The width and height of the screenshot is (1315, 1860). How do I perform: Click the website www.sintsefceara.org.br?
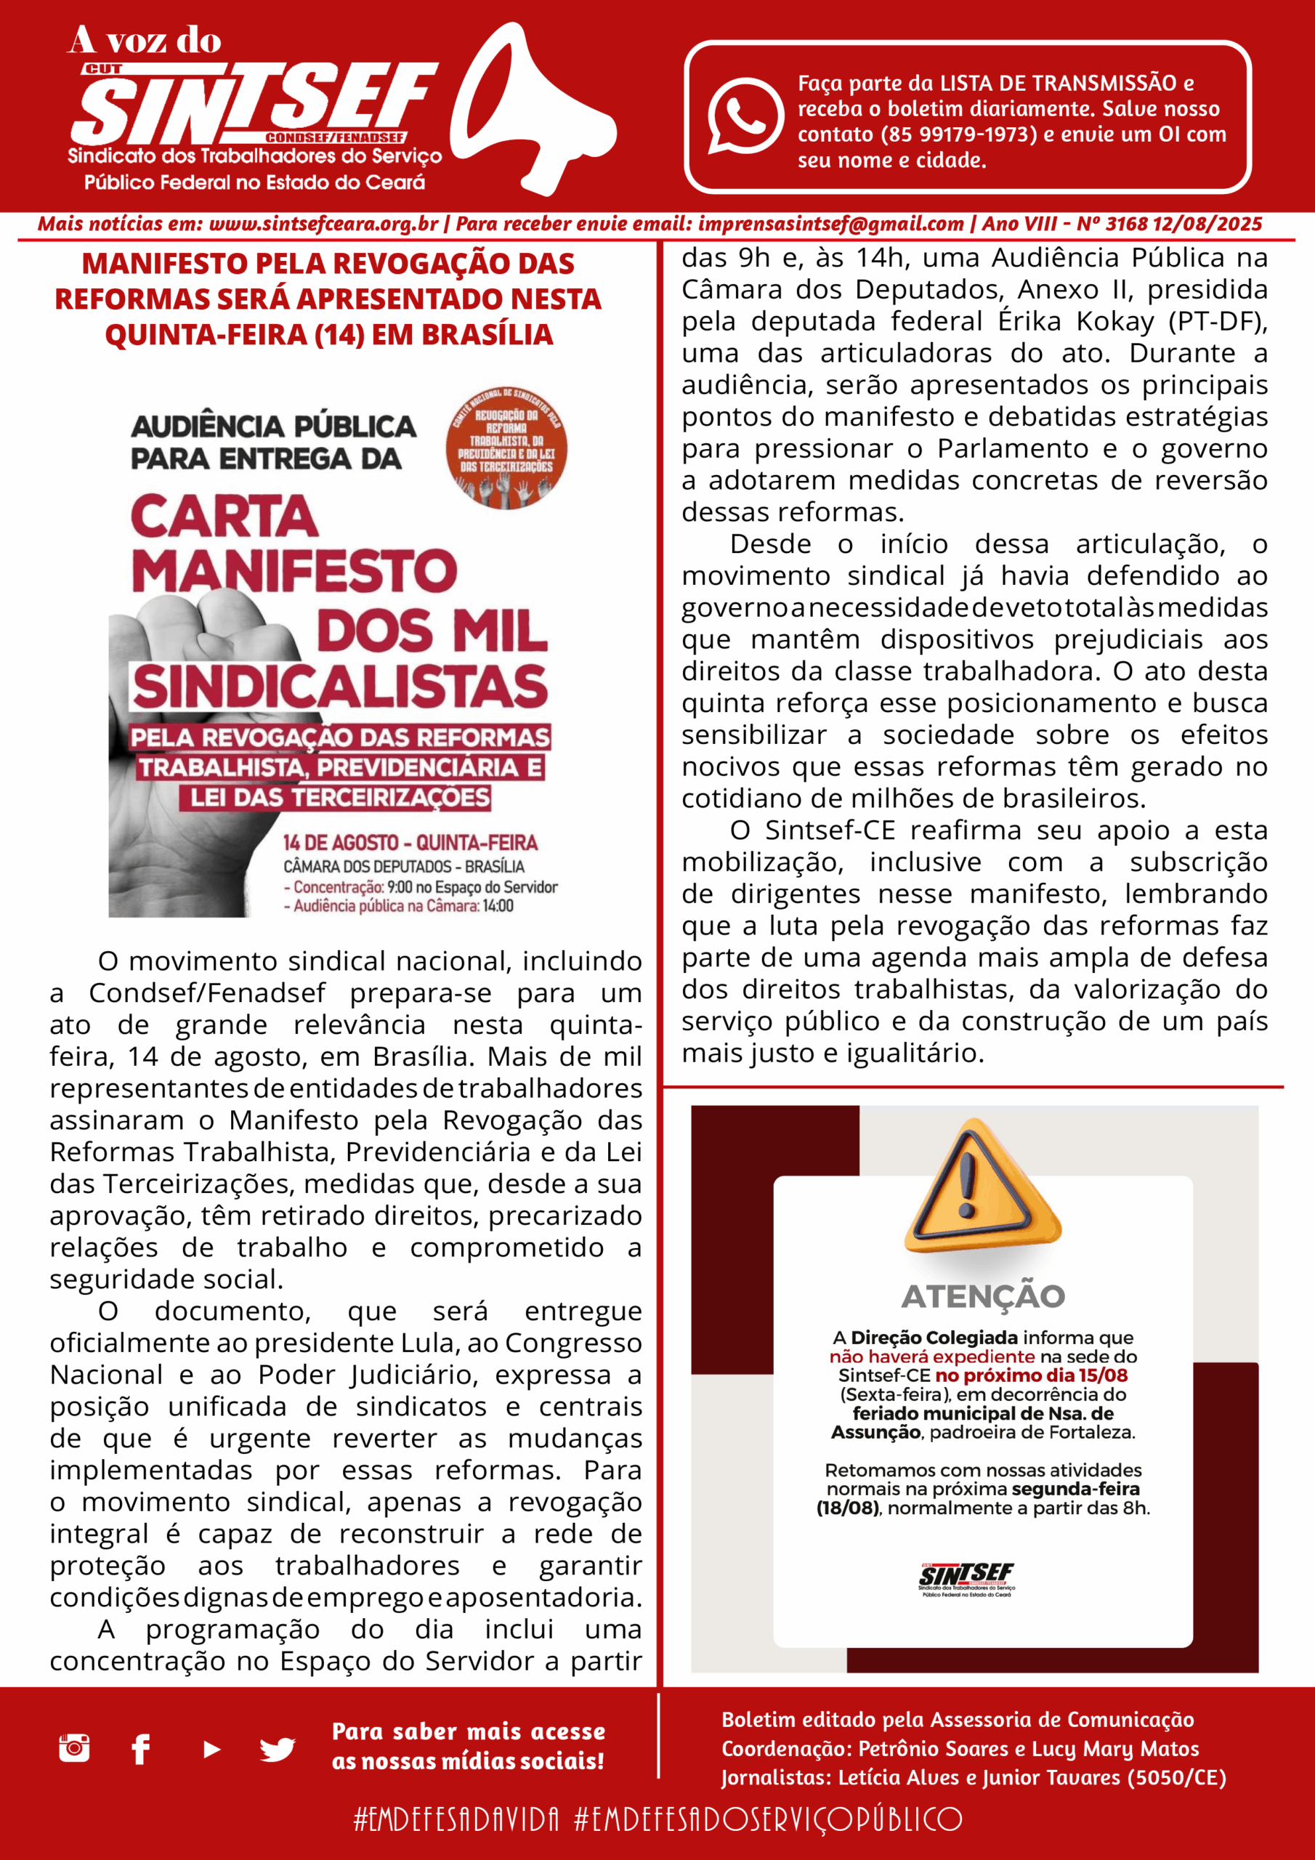(x=323, y=225)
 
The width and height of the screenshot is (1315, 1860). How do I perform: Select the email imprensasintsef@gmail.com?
(x=830, y=225)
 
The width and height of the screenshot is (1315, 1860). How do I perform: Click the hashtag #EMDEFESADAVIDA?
(x=456, y=1819)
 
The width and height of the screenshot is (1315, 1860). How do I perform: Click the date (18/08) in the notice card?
(x=848, y=1508)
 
